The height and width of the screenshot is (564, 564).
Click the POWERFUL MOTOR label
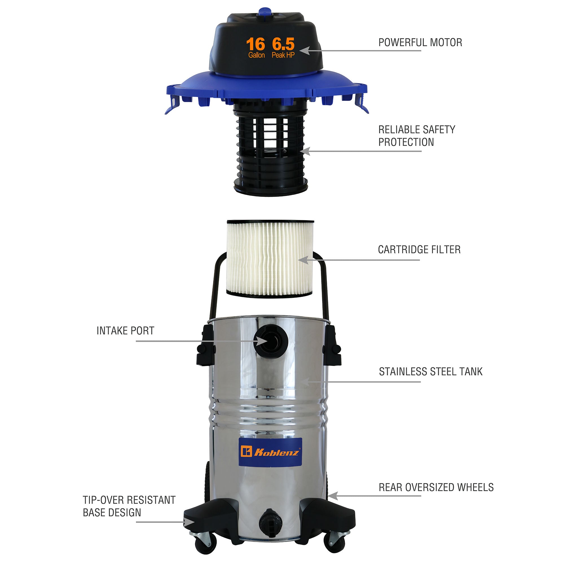tap(420, 43)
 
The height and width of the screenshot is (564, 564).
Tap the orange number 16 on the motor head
tap(256, 44)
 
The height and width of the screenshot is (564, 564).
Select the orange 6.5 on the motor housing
tap(283, 44)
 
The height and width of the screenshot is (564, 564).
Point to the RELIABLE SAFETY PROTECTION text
tap(417, 136)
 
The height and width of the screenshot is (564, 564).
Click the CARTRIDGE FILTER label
tap(419, 250)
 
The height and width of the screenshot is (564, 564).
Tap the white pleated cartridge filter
tap(270, 259)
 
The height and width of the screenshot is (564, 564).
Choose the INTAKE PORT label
tap(125, 331)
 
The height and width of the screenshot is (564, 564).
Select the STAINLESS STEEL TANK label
tap(431, 372)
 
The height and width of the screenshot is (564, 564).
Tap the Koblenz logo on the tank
tap(270, 452)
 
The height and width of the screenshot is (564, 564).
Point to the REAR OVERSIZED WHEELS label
tap(436, 487)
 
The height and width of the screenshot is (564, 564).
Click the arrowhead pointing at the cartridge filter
tap(304, 260)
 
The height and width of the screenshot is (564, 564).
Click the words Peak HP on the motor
tap(283, 55)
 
